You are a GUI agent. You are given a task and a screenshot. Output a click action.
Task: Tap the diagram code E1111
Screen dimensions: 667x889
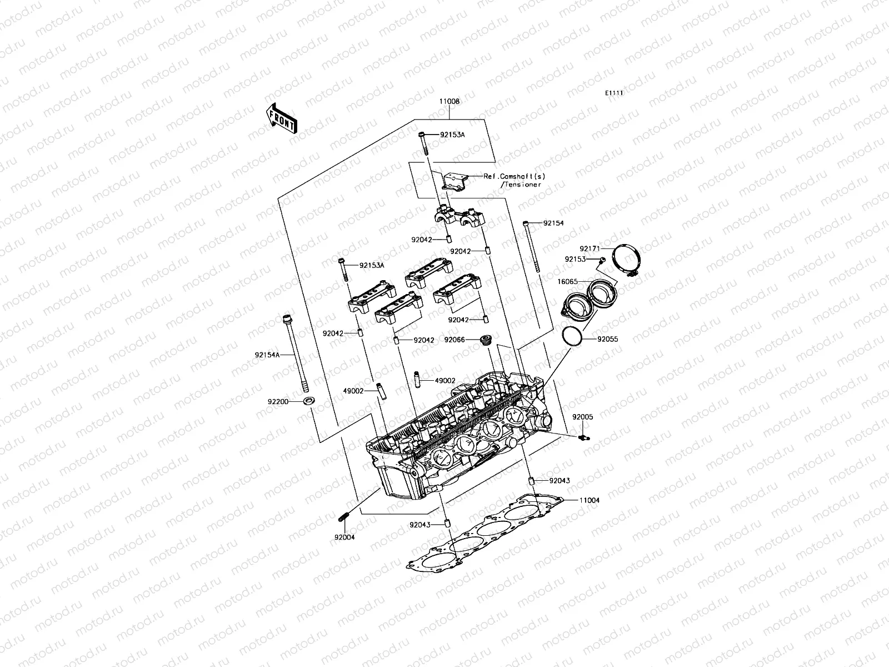[x=613, y=94]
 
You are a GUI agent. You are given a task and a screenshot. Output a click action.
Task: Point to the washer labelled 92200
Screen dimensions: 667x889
[x=307, y=400]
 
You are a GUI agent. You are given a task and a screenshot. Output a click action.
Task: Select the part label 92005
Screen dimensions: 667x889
[x=583, y=417]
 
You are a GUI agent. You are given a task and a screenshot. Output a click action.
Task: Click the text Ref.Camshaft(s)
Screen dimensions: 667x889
[x=514, y=176]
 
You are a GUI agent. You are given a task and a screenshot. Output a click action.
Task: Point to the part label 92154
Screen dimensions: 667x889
[x=553, y=223]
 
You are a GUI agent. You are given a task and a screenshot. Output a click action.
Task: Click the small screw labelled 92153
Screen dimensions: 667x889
[x=602, y=260]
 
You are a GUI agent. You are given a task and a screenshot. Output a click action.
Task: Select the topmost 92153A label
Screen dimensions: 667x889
[x=453, y=135]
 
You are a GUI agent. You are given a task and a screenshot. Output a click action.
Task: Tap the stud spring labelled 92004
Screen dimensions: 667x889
[x=343, y=516]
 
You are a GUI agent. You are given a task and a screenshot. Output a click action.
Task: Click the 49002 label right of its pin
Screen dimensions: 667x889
[x=445, y=381]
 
